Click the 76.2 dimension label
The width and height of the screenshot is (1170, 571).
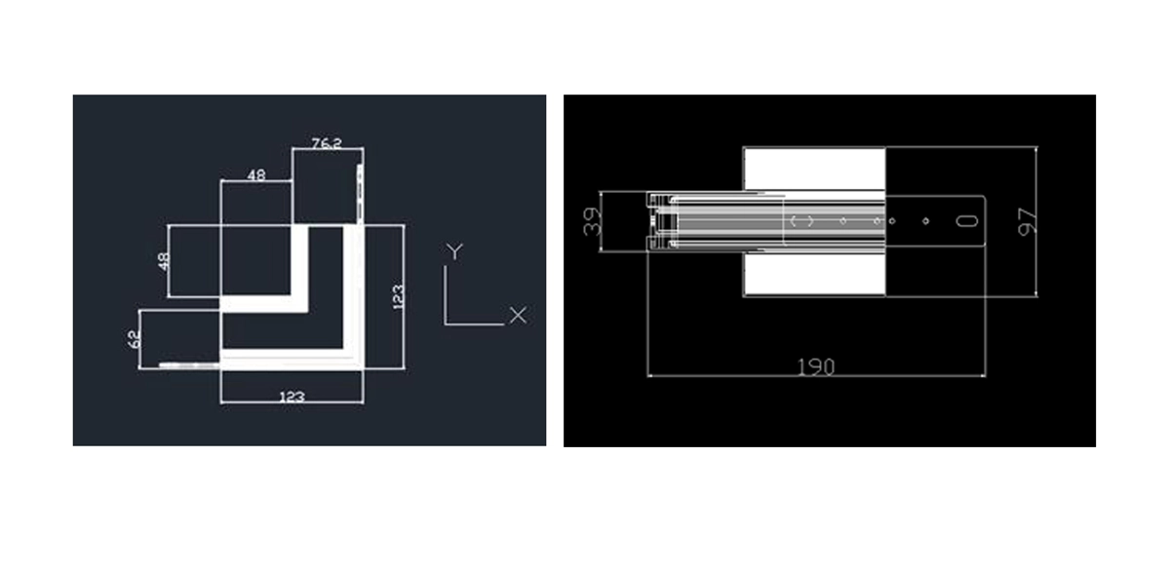point(327,142)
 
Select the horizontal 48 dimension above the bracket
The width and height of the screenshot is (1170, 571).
point(255,174)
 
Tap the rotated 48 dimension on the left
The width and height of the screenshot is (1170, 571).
point(164,261)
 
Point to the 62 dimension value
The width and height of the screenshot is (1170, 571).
point(134,339)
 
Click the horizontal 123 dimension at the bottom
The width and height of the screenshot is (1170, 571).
point(292,397)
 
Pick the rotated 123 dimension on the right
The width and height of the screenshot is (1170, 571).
point(398,297)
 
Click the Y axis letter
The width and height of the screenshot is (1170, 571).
point(454,251)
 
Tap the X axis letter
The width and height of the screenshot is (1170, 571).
point(518,315)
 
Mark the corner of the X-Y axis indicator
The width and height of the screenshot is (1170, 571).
point(446,324)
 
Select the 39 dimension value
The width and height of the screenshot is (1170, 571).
point(591,222)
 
